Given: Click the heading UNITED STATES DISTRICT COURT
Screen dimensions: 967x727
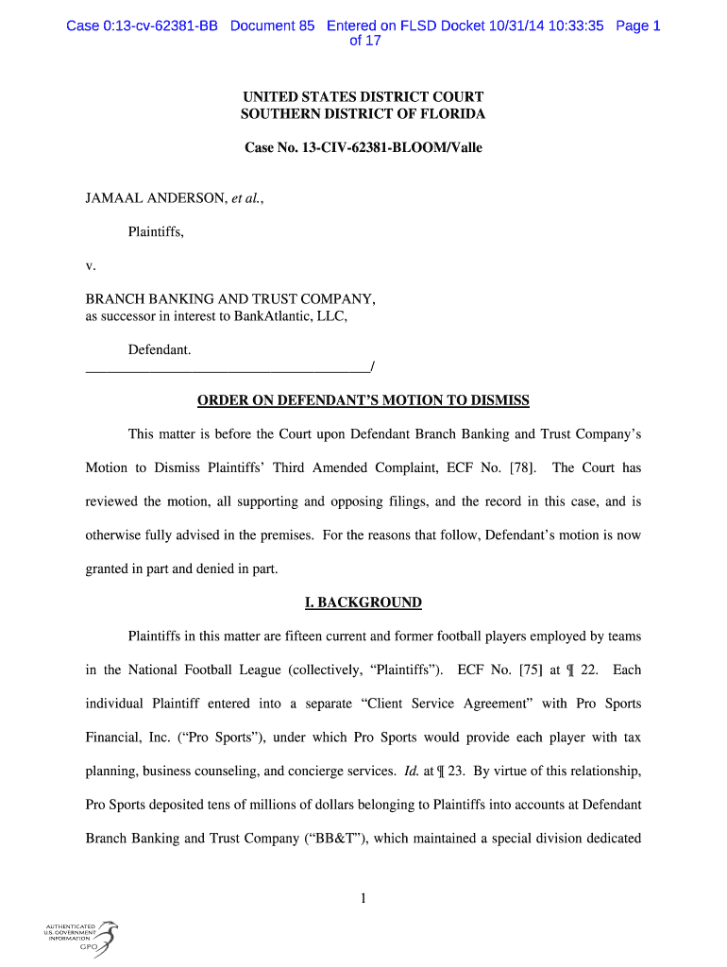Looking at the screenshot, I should (363, 97).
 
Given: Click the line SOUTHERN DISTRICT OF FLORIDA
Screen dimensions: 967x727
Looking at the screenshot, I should (363, 114).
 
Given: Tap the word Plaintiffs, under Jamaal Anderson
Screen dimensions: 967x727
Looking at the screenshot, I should (156, 231).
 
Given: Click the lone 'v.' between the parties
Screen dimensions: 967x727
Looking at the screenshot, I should (91, 265).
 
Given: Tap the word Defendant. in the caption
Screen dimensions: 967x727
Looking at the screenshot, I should (160, 350).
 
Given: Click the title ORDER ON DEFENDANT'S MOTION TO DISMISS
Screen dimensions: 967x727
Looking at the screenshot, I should (363, 400).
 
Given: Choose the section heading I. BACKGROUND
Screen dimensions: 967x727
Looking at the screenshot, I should (363, 602).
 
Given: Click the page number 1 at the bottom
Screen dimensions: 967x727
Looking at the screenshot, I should (363, 898).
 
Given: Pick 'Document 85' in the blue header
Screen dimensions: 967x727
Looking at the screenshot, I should (272, 25).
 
